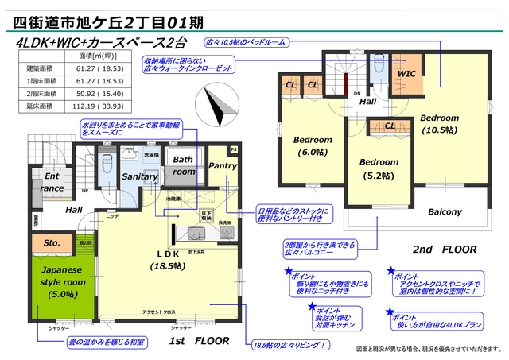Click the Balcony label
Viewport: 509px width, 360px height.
click(x=445, y=212)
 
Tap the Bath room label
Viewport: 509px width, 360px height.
click(x=185, y=165)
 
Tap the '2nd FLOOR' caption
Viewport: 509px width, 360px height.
click(x=445, y=249)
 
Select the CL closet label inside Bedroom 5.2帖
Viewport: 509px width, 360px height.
click(x=390, y=126)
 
